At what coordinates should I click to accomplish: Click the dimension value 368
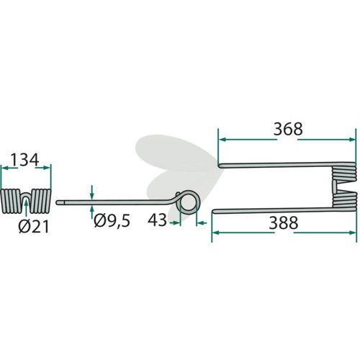pyautogui.click(x=288, y=129)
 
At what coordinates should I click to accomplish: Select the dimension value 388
pyautogui.click(x=284, y=222)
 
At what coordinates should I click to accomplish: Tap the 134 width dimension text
pyautogui.click(x=24, y=160)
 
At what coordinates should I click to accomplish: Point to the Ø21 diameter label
pyautogui.click(x=34, y=227)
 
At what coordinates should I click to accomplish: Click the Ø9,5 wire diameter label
pyautogui.click(x=112, y=221)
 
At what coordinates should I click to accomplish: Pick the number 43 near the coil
pyautogui.click(x=157, y=220)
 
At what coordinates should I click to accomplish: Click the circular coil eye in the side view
pyautogui.click(x=188, y=202)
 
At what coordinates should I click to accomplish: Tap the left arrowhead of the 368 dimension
pyautogui.click(x=222, y=140)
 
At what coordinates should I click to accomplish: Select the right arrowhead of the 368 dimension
pyautogui.click(x=351, y=140)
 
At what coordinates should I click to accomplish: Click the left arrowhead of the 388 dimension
pyautogui.click(x=216, y=233)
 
